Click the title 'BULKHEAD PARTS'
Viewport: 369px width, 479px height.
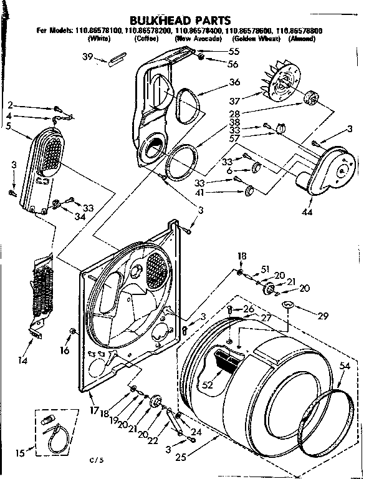[x=180, y=20]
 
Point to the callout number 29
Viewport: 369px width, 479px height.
[x=322, y=316]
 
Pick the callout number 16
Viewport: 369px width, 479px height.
[x=64, y=351]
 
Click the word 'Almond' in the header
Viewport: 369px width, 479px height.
[x=302, y=39]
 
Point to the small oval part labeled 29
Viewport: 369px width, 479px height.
[x=287, y=304]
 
